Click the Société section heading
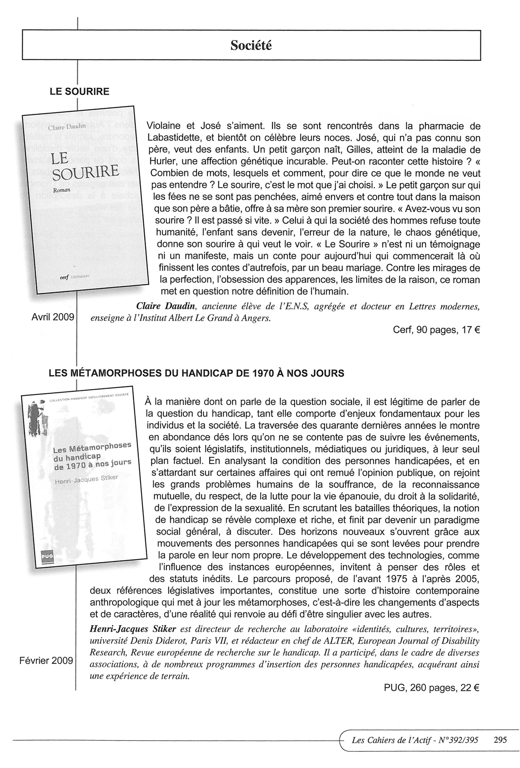coord(251,45)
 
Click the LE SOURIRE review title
coord(79,91)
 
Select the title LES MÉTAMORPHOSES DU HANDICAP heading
coord(197,373)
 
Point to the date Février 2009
coord(46,661)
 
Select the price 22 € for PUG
coord(470,687)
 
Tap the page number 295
coord(500,740)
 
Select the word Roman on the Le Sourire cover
coord(61,190)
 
